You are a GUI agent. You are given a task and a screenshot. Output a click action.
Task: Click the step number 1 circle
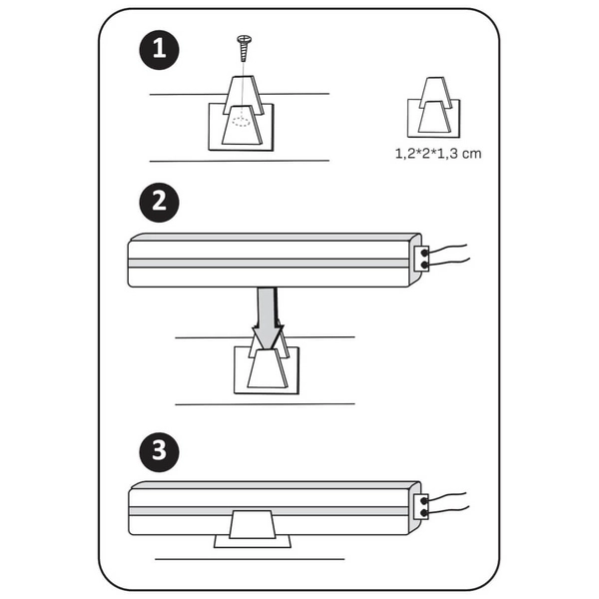[x=160, y=50]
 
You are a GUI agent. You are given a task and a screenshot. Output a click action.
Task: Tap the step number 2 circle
[x=160, y=202]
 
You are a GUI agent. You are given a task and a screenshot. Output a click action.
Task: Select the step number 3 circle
[x=160, y=451]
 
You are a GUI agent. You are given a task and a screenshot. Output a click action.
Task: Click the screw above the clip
[x=244, y=48]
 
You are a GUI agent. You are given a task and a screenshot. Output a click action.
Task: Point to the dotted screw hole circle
[x=241, y=122]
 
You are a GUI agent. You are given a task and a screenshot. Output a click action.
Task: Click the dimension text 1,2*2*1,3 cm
[x=438, y=154]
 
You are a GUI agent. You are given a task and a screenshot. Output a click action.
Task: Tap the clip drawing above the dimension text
[x=434, y=108]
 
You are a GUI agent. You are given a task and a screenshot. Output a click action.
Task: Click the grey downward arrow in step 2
[x=267, y=318]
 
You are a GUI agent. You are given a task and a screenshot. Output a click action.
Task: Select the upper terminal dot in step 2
[x=424, y=253]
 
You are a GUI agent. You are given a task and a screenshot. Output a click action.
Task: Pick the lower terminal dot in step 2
[x=424, y=265]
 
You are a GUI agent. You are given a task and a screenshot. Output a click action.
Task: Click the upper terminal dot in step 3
[x=424, y=501]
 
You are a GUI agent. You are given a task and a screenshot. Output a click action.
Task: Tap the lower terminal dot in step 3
[x=424, y=513]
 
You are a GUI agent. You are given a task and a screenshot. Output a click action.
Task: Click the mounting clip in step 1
[x=241, y=113]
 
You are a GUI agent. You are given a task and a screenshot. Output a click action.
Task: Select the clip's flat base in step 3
[x=253, y=541]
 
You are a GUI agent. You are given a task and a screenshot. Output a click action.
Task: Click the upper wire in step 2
[x=447, y=248]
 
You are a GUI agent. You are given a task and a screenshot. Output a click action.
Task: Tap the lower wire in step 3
[x=447, y=509]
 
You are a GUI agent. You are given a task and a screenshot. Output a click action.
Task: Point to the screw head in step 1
[x=245, y=39]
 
